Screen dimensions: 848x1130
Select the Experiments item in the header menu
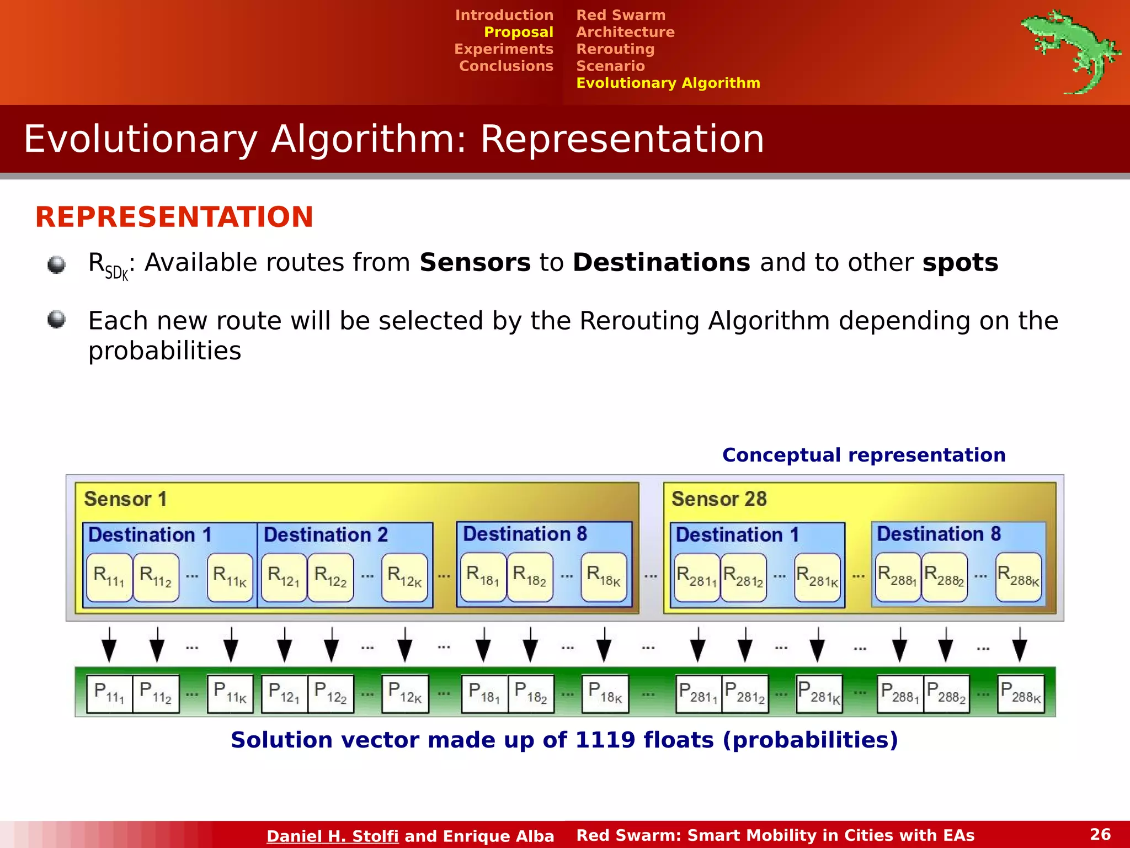[503, 49]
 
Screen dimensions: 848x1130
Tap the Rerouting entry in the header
[615, 49]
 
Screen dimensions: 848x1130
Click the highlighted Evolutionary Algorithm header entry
[668, 83]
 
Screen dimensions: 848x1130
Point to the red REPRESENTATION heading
[174, 217]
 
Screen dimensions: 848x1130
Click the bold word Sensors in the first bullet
[475, 263]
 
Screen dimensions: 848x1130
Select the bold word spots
[960, 263]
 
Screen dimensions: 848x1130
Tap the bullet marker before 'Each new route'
[56, 319]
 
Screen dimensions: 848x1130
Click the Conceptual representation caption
[864, 455]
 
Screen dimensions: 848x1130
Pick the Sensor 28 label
[718, 499]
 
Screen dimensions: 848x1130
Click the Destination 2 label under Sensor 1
[326, 534]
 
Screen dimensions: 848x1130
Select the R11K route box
[230, 577]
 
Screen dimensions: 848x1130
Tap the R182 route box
[530, 577]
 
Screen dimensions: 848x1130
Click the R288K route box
[1019, 577]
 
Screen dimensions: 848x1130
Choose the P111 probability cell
[109, 693]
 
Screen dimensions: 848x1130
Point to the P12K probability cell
[405, 693]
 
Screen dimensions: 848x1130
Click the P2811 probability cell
[698, 693]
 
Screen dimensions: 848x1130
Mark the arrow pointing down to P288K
[1020, 645]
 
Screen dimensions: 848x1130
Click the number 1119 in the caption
[605, 740]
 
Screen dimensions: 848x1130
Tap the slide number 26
[1100, 834]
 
